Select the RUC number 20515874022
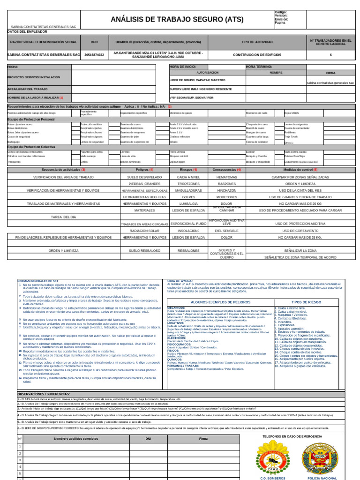(95, 54)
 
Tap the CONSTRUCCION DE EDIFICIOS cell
(257, 54)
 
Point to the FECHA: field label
(13, 67)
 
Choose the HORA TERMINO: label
(259, 67)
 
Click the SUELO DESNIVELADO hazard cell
(144, 177)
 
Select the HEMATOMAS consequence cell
(226, 177)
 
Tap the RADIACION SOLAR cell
(144, 231)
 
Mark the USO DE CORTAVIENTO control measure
(300, 231)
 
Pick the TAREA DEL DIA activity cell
(63, 217)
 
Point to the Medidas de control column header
(300, 170)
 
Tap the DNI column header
(148, 439)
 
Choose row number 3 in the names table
(20, 460)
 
